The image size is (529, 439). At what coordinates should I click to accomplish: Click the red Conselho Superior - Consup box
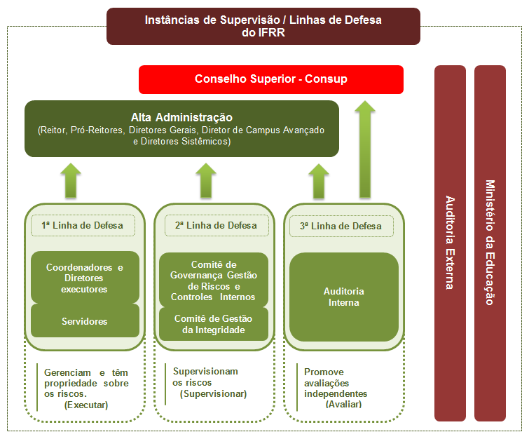pyautogui.click(x=271, y=79)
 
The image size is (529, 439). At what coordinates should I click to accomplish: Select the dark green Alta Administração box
pyautogui.click(x=181, y=128)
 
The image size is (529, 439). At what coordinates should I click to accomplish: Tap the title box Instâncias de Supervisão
pyautogui.click(x=263, y=26)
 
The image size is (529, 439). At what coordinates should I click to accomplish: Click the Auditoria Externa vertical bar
pyautogui.click(x=450, y=242)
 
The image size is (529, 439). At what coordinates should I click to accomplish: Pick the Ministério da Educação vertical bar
pyautogui.click(x=490, y=242)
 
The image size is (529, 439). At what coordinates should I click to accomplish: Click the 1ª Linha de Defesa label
pyautogui.click(x=82, y=226)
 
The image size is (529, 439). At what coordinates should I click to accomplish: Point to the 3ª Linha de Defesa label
pyautogui.click(x=341, y=226)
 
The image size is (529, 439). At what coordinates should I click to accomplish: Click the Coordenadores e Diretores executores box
pyautogui.click(x=85, y=278)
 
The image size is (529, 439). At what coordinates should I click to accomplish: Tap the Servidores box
pyautogui.click(x=85, y=321)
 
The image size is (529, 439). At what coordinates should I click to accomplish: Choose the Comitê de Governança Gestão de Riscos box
pyautogui.click(x=213, y=280)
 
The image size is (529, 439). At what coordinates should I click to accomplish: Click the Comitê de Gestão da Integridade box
pyautogui.click(x=213, y=324)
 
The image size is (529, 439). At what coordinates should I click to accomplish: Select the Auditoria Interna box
pyautogui.click(x=343, y=297)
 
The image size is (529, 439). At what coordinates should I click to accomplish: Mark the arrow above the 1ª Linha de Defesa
pyautogui.click(x=71, y=180)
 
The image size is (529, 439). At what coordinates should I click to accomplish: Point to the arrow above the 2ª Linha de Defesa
pyautogui.click(x=206, y=180)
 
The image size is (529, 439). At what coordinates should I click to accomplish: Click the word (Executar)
pyautogui.click(x=86, y=405)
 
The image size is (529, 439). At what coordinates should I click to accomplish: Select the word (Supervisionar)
pyautogui.click(x=213, y=393)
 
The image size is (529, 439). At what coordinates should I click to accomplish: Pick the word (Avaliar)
pyautogui.click(x=343, y=404)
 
